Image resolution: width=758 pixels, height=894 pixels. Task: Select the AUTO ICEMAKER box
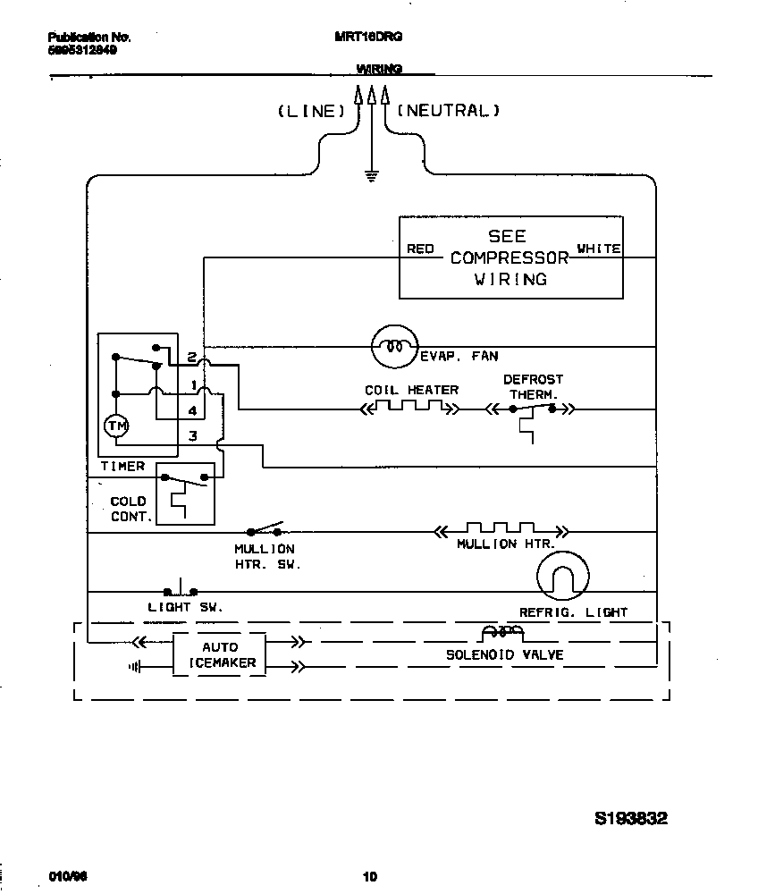pos(219,654)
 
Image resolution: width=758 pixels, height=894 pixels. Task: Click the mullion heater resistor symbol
pos(501,531)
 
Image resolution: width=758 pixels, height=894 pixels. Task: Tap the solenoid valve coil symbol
pos(501,633)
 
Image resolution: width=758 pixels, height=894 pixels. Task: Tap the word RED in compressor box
pos(420,249)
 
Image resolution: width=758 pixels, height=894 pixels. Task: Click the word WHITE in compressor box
pos(598,249)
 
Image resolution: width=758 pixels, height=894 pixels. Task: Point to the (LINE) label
pos(310,112)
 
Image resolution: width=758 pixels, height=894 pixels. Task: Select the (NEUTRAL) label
pos(447,112)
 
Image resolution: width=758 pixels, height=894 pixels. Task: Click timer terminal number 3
pos(192,435)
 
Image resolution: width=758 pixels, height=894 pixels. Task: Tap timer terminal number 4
pos(192,410)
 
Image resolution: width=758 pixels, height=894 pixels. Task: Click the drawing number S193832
pos(631,818)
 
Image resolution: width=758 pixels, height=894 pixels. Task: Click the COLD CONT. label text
pos(128,509)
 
